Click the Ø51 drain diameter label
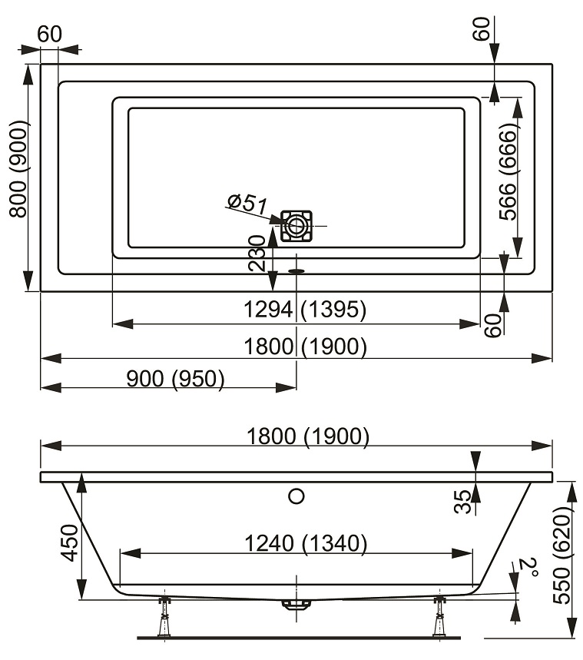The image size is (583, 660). (x=247, y=204)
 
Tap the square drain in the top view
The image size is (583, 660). (x=296, y=226)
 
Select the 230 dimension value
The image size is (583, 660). (x=257, y=253)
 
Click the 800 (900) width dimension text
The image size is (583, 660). (x=18, y=169)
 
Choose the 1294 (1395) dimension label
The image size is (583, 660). (x=305, y=310)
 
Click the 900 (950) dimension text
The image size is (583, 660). (x=175, y=379)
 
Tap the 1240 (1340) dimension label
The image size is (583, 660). (x=306, y=543)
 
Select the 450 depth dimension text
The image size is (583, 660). (x=69, y=542)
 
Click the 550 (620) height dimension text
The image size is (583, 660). (x=561, y=555)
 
